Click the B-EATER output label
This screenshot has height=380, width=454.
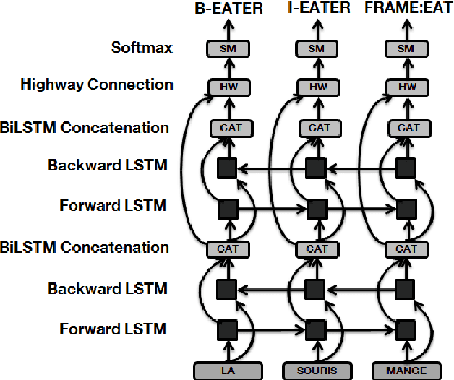(228, 9)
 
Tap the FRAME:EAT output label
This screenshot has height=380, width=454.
(408, 9)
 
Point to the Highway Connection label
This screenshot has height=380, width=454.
(96, 85)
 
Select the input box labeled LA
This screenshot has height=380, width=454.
(228, 371)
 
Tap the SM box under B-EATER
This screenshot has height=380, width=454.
(228, 48)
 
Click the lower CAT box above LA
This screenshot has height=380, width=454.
(228, 249)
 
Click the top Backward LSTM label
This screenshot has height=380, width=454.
(107, 165)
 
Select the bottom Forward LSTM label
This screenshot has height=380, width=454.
(112, 329)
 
